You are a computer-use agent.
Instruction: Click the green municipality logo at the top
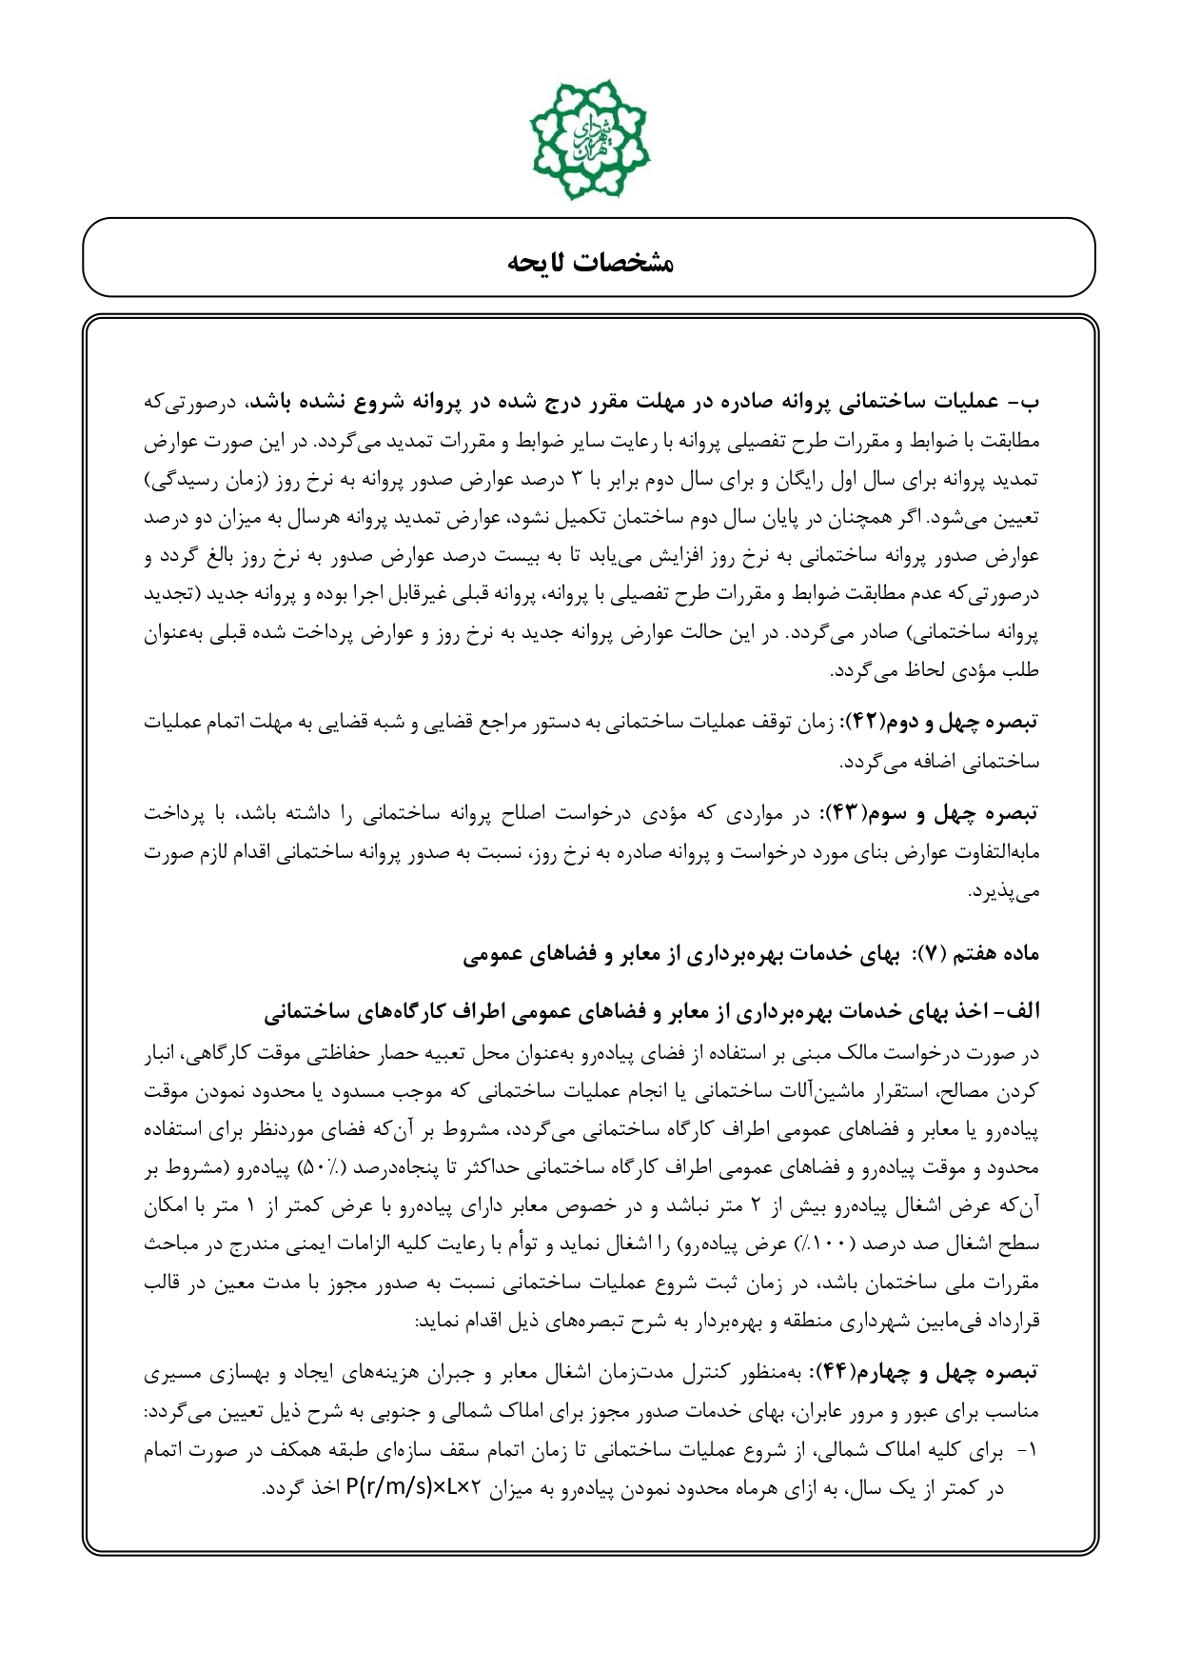click(x=590, y=139)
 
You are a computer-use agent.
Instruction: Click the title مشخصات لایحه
click(x=590, y=262)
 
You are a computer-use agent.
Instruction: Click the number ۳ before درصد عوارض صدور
click(x=576, y=480)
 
